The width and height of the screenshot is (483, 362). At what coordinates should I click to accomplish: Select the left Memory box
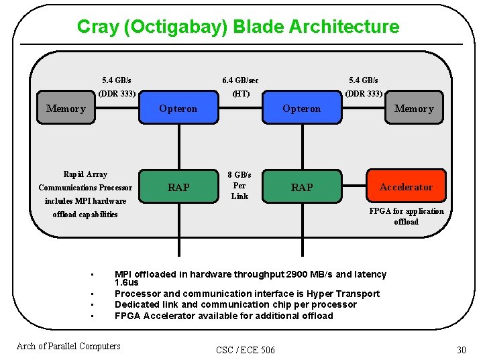point(66,109)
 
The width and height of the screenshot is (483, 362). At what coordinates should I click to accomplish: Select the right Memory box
point(414,109)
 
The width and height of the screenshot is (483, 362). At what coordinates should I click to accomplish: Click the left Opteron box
point(178,109)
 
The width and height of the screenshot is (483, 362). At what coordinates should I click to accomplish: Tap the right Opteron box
point(302,109)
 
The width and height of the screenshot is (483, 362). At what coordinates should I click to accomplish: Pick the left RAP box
point(178,187)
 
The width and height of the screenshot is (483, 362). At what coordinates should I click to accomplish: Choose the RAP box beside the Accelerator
point(302,187)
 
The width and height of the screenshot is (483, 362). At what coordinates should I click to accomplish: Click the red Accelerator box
point(406,187)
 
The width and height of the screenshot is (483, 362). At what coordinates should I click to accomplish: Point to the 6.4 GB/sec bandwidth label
point(240,80)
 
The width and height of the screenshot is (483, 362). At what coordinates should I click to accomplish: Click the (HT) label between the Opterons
point(240,94)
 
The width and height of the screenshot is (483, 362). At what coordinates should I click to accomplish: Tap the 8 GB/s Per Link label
point(239,186)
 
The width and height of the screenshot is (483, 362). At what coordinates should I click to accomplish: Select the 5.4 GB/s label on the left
point(117,80)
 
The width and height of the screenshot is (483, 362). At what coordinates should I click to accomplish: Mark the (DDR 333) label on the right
point(364,94)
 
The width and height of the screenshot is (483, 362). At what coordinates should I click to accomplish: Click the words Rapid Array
point(85,174)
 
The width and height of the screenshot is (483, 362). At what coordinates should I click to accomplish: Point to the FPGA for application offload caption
point(406,217)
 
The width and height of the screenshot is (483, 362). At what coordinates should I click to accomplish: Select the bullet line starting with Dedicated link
point(235,304)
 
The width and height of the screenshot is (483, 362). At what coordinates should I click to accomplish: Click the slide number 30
point(461,350)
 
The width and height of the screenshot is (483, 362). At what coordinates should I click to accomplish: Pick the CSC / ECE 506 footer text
point(246,350)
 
